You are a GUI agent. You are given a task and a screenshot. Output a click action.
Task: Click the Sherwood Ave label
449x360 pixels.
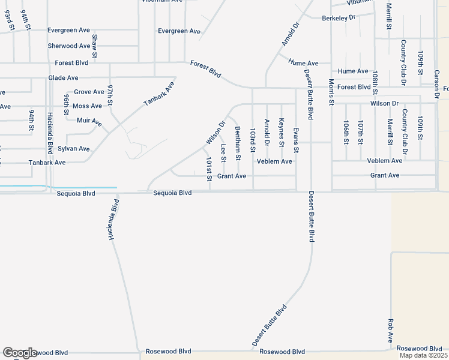click(69, 46)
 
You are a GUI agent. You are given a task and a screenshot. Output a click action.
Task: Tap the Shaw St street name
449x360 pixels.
click(95, 42)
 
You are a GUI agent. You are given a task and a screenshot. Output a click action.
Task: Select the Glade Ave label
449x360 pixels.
click(64, 78)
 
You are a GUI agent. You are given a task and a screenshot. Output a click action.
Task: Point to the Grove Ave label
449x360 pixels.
click(89, 92)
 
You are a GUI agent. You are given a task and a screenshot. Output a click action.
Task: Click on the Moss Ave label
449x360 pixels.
click(87, 106)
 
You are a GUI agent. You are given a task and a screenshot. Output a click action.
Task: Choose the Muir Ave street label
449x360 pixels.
click(89, 122)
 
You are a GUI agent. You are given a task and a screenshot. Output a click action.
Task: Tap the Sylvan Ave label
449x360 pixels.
click(75, 149)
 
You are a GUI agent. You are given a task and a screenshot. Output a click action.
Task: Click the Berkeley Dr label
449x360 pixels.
click(339, 19)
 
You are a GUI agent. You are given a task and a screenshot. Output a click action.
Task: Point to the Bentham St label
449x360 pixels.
click(238, 144)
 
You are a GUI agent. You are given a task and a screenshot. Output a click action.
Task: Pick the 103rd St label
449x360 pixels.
click(253, 139)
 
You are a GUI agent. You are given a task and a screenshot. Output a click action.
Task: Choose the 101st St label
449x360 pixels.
click(209, 170)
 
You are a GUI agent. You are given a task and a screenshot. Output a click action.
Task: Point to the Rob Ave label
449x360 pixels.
click(391, 331)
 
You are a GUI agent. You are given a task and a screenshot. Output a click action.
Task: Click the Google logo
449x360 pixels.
click(20, 353)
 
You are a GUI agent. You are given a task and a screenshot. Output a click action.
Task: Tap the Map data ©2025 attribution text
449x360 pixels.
click(423, 355)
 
